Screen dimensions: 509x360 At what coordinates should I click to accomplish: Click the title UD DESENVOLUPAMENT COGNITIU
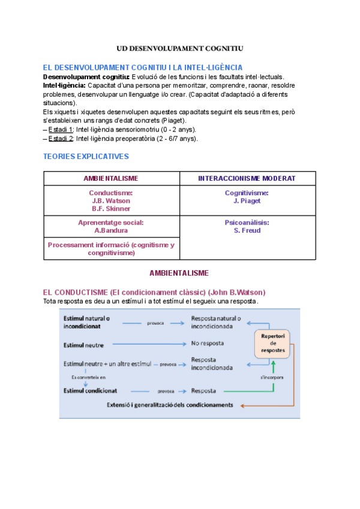(179, 48)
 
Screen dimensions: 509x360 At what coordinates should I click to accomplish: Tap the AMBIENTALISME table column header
(111, 178)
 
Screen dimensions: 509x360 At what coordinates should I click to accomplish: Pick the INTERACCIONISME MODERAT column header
(247, 178)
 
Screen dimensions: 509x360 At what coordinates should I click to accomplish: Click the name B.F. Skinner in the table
(111, 209)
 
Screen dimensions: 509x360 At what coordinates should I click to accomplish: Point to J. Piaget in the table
(247, 201)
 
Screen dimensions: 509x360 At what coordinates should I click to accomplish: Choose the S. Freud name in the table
(247, 230)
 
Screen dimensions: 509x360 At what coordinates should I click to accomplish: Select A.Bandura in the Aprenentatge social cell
(111, 230)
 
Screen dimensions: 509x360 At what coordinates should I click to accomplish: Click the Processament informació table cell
(111, 248)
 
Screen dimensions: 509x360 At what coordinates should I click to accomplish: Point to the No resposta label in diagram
(207, 344)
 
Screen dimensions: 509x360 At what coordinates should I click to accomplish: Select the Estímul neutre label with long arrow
(83, 345)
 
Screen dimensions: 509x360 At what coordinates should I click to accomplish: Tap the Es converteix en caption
(88, 377)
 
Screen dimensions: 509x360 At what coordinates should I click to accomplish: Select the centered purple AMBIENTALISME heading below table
(179, 273)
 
